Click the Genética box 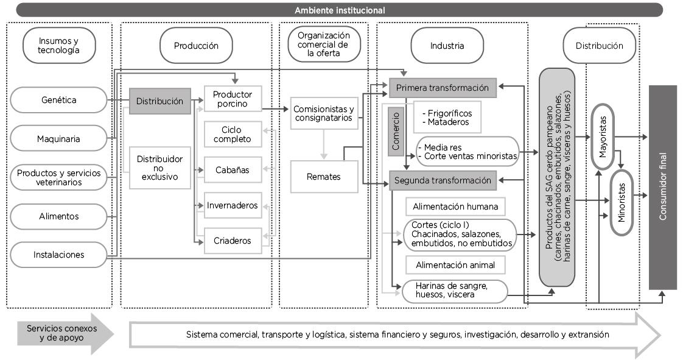pyautogui.click(x=58, y=100)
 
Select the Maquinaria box pyautogui.click(x=58, y=139)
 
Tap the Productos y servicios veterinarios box pyautogui.click(x=58, y=177)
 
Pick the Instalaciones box pyautogui.click(x=58, y=255)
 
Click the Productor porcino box pyautogui.click(x=233, y=99)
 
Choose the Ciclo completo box pyautogui.click(x=233, y=134)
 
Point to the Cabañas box pyautogui.click(x=233, y=169)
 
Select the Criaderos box pyautogui.click(x=233, y=240)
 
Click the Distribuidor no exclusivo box pyautogui.click(x=160, y=168)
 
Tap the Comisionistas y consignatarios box pyautogui.click(x=324, y=113)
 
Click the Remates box pyautogui.click(x=324, y=177)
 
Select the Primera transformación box pyautogui.click(x=443, y=88)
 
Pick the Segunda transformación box pyautogui.click(x=443, y=180)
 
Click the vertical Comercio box pyautogui.click(x=396, y=132)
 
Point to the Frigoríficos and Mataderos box pyautogui.click(x=447, y=117)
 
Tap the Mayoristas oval pyautogui.click(x=603, y=136)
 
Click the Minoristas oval pyautogui.click(x=621, y=203)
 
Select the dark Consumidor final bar pyautogui.click(x=663, y=188)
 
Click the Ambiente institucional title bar pyautogui.click(x=340, y=10)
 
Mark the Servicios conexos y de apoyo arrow pyautogui.click(x=65, y=333)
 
